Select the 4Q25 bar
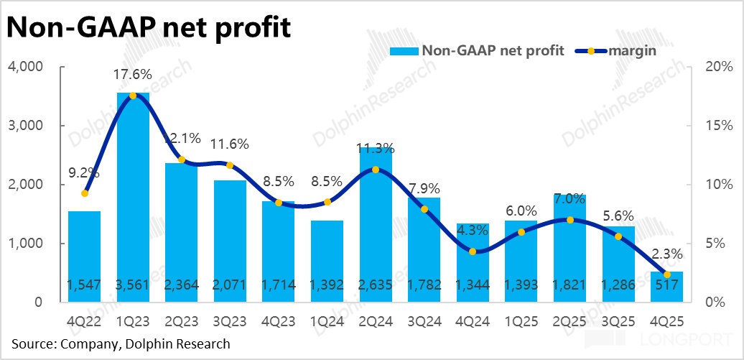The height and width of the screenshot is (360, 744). pos(668,287)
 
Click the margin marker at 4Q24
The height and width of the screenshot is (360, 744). pos(473,251)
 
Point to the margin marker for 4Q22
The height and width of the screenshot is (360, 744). pos(85,193)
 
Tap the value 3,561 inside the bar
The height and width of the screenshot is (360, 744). pos(133,285)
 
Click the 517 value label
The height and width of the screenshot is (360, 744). pos(668,285)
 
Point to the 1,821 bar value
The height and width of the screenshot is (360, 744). pos(570,285)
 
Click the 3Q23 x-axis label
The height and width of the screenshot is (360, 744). pos(230,317)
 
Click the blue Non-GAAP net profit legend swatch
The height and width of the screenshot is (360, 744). pos(404,50)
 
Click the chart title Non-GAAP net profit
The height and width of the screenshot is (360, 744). pos(149,27)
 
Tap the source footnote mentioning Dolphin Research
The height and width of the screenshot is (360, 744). pos(121,343)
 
